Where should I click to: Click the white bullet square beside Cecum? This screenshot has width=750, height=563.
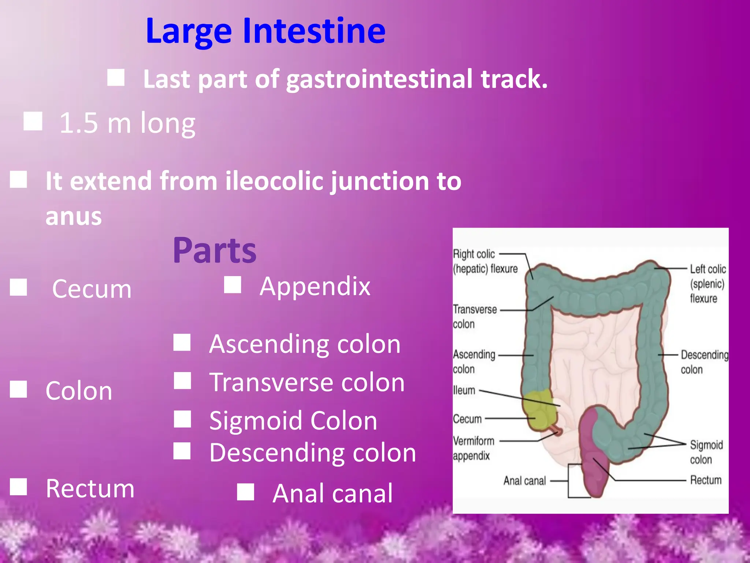(18, 287)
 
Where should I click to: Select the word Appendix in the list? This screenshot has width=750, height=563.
(315, 286)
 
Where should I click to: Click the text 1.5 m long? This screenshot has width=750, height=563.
(127, 123)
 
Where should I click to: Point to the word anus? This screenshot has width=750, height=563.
(74, 216)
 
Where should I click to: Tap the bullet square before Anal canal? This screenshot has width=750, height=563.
(245, 492)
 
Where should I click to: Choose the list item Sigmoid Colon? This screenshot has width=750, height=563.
(293, 420)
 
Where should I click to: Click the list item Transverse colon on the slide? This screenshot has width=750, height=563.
(307, 382)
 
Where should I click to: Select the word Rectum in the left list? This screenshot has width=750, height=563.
(90, 489)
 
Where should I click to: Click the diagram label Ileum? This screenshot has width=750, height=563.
(464, 390)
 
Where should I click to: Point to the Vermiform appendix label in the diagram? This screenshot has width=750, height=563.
(473, 448)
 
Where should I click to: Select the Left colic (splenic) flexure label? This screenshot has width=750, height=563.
(707, 284)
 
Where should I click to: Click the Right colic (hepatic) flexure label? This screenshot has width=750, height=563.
(485, 261)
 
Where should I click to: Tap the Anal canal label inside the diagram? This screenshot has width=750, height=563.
(524, 481)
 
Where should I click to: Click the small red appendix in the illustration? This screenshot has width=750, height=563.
(557, 430)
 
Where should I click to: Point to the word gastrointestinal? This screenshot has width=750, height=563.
(379, 80)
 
